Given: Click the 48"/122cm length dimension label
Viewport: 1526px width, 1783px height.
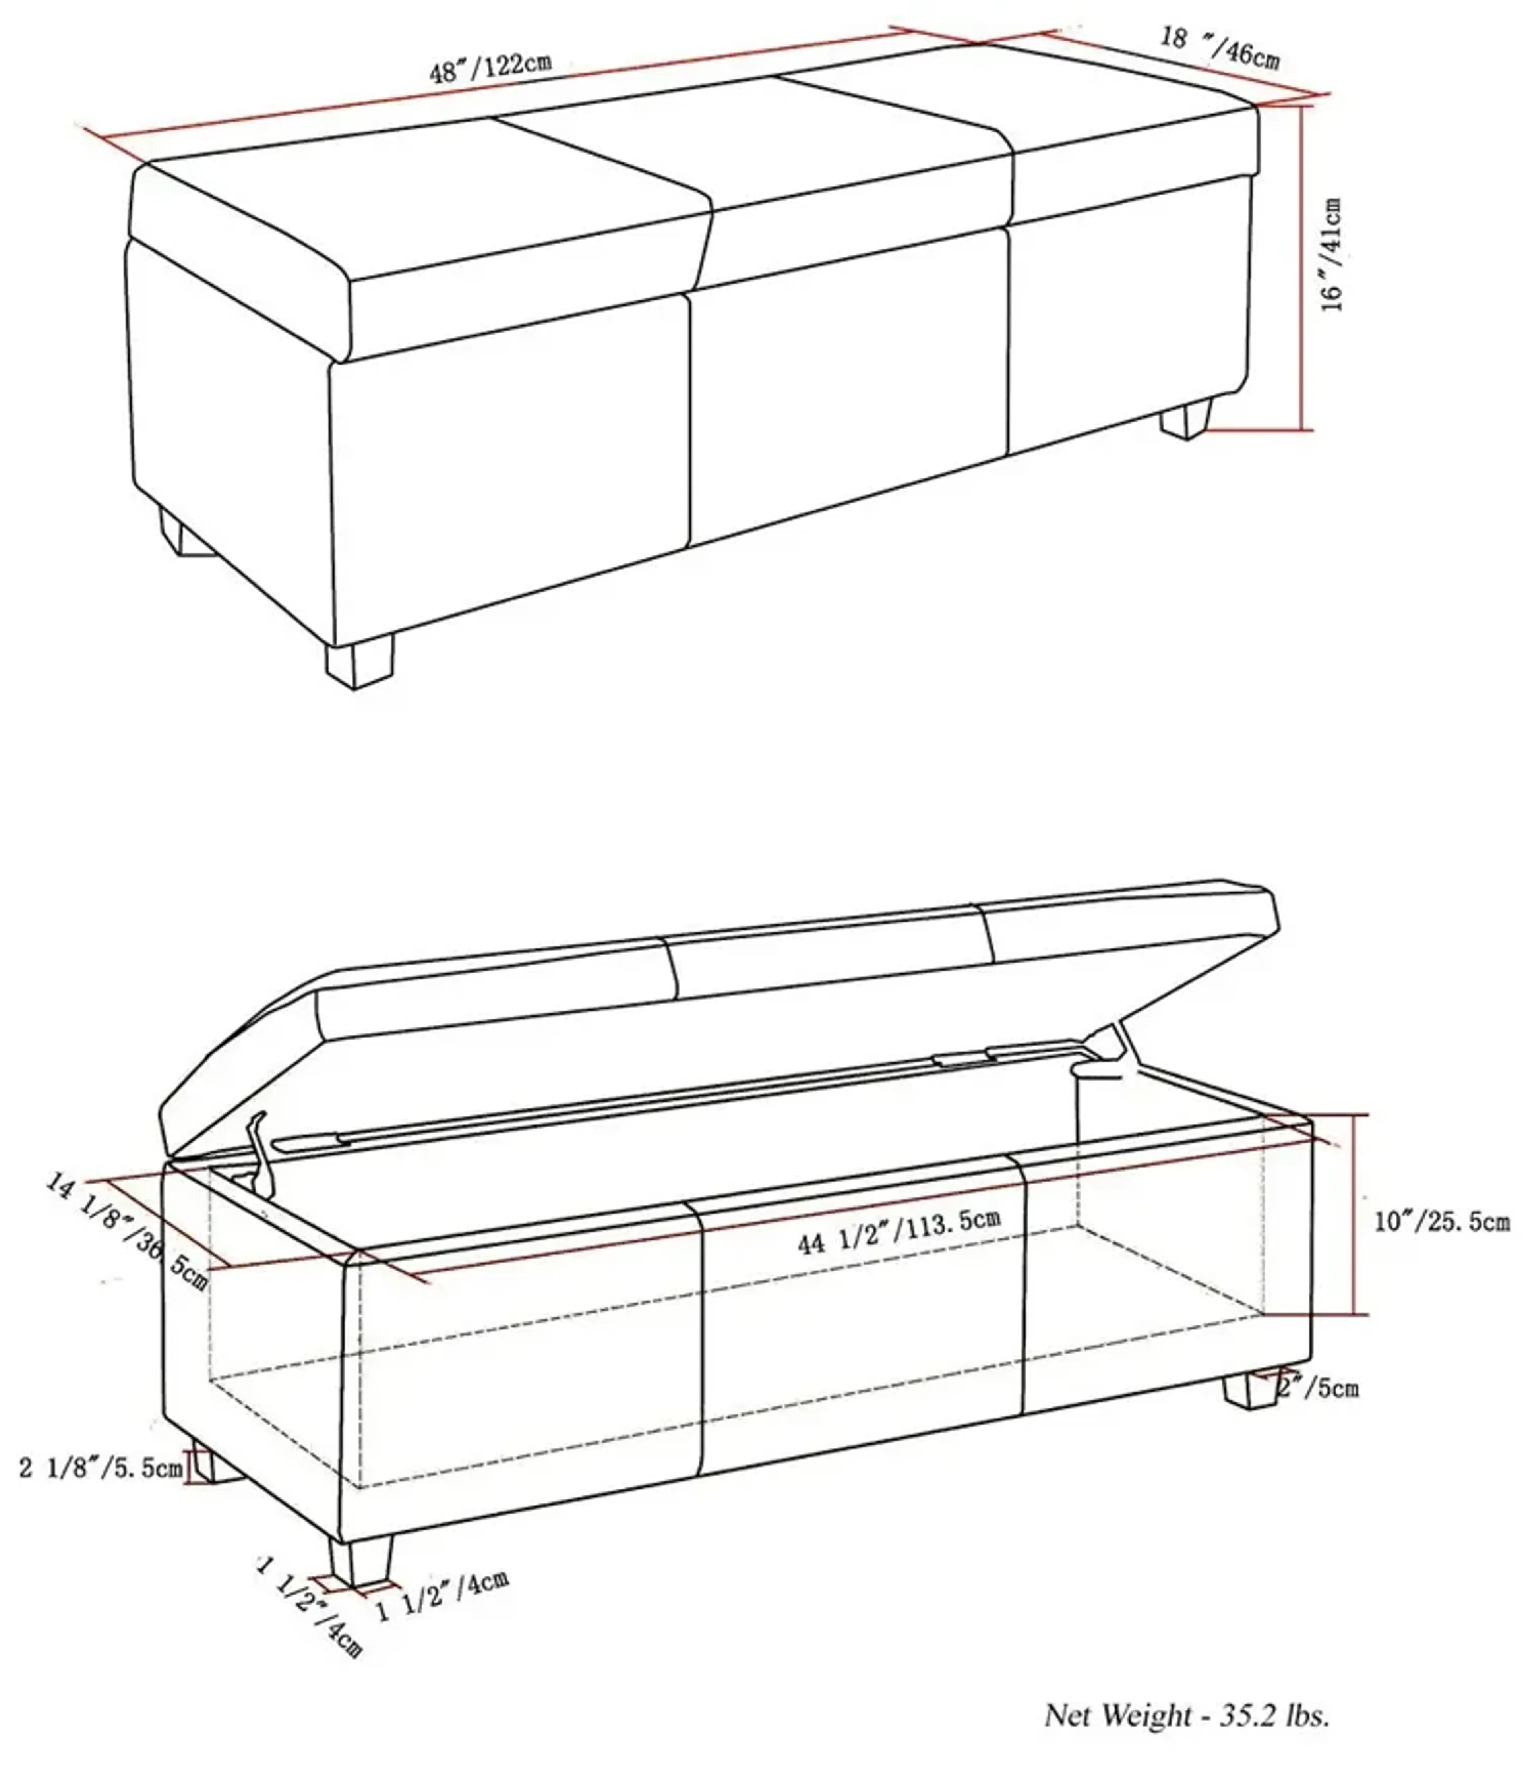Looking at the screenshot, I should click(491, 67).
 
